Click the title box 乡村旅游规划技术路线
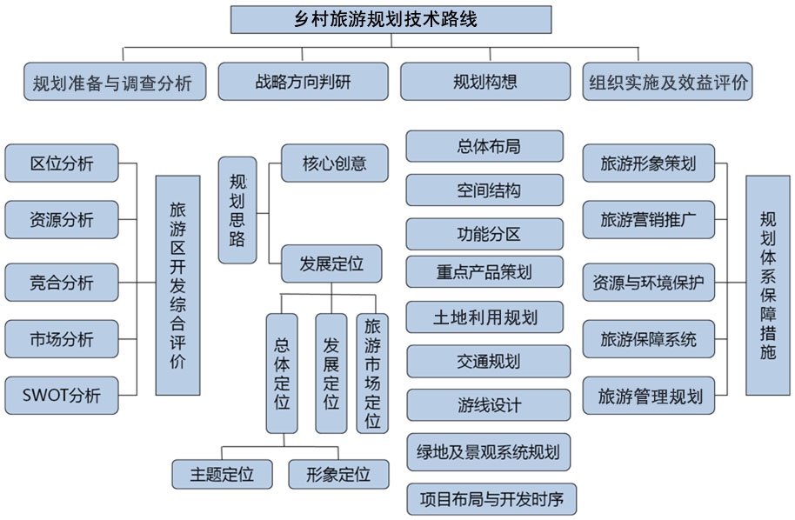tap(391, 19)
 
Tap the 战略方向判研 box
tap(303, 82)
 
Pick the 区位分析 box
tap(61, 163)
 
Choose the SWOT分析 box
tap(61, 396)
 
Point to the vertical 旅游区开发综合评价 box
tap(177, 285)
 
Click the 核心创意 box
tap(334, 163)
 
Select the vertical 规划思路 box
tap(237, 210)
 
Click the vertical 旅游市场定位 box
tap(372, 373)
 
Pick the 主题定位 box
tap(224, 474)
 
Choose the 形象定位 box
tap(338, 474)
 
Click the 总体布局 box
tap(488, 145)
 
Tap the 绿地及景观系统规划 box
tap(488, 452)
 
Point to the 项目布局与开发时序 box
tap(491, 499)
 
